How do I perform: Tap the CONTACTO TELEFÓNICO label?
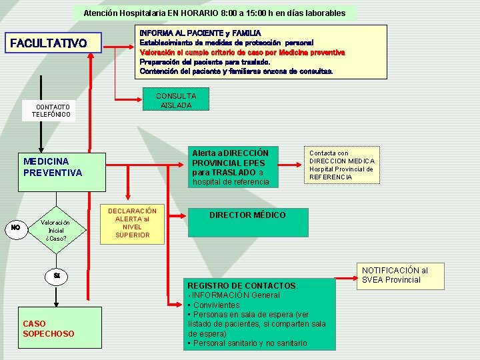click(x=53, y=111)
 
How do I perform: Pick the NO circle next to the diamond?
click(x=15, y=228)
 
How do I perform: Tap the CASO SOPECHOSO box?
click(x=48, y=328)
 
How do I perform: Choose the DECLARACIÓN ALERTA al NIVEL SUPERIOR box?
click(x=132, y=223)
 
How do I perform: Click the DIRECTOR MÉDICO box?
click(x=247, y=215)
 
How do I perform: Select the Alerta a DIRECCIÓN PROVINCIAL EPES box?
click(x=231, y=167)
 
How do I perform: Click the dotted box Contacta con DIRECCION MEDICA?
click(x=341, y=165)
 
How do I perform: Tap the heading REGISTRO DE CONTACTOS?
click(x=243, y=285)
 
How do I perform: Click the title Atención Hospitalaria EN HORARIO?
click(x=214, y=13)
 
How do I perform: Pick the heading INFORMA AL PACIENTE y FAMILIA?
click(x=200, y=33)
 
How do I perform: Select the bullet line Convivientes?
click(x=206, y=305)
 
